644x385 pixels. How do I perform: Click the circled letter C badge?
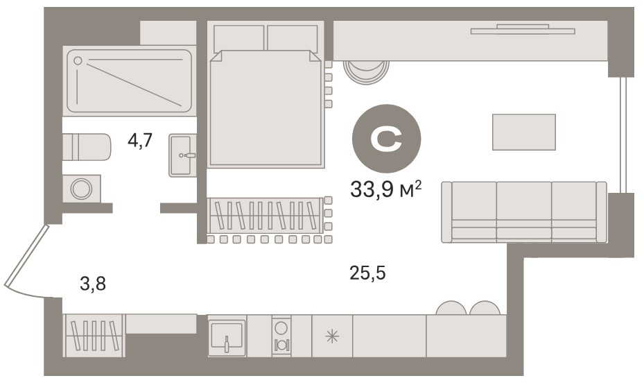(386, 139)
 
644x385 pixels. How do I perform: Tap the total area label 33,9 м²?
(385, 189)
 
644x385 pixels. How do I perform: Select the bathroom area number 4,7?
(140, 141)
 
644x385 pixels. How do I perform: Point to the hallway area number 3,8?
(93, 284)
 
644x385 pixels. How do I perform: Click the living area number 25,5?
(367, 273)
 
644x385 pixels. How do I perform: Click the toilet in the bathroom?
(87, 146)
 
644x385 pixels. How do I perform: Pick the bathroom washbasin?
(182, 155)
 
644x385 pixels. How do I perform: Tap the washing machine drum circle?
(81, 189)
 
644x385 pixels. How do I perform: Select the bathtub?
(129, 81)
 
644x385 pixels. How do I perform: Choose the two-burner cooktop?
(281, 336)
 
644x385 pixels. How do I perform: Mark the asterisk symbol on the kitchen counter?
(332, 337)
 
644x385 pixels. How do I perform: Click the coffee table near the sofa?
(524, 132)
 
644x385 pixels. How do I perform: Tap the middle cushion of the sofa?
(524, 211)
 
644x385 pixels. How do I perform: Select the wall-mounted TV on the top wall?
(523, 30)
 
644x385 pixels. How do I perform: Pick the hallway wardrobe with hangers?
(94, 335)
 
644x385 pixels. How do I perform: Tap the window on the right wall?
(623, 135)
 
